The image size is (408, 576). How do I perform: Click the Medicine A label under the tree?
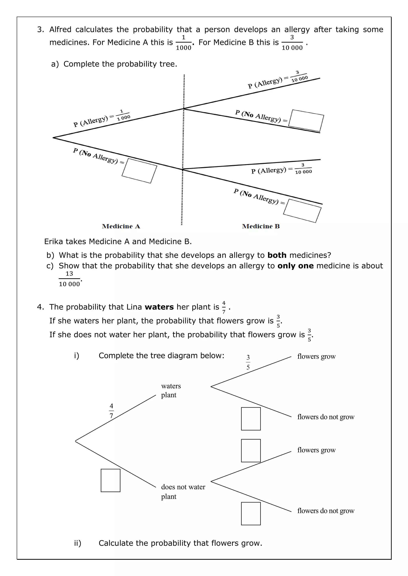click(121, 226)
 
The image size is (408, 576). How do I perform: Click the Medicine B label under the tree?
click(261, 226)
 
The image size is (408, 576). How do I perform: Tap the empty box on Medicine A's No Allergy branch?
click(139, 171)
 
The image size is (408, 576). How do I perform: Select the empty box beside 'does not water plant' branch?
click(111, 480)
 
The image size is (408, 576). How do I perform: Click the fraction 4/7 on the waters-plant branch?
click(111, 411)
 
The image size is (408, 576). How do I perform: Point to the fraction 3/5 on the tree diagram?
click(248, 362)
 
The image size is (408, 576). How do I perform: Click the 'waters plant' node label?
click(171, 390)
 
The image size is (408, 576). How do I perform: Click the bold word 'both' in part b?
click(277, 255)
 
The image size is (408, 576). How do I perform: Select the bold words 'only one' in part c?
click(295, 266)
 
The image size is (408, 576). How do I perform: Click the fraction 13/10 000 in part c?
click(69, 279)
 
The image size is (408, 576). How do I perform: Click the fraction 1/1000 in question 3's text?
click(184, 42)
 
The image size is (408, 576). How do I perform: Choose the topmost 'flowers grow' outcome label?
click(316, 356)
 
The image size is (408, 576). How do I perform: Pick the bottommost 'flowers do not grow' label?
click(326, 511)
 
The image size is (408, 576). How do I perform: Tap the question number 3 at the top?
click(40, 30)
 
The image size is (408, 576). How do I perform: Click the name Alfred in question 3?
click(60, 30)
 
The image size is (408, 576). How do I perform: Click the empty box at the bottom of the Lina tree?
click(251, 514)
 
